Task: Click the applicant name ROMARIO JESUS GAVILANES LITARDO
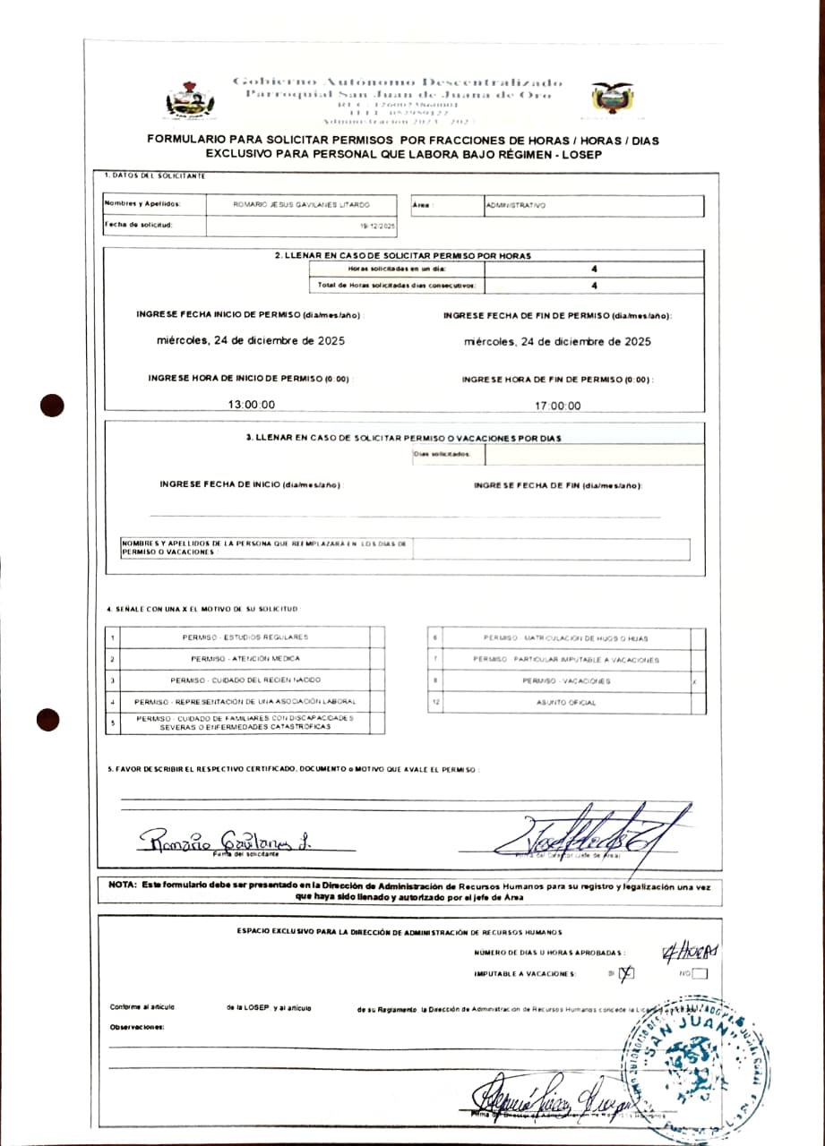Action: point(301,205)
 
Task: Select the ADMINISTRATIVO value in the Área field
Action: point(515,205)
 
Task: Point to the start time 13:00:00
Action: point(252,405)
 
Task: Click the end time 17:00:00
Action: point(557,406)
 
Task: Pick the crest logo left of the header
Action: point(190,101)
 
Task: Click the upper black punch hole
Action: point(52,406)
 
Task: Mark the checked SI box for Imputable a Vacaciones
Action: point(626,974)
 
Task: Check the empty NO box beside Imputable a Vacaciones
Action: point(700,974)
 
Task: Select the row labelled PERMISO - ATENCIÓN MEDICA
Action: point(245,659)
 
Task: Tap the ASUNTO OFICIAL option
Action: point(566,703)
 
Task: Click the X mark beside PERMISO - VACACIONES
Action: point(696,681)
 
